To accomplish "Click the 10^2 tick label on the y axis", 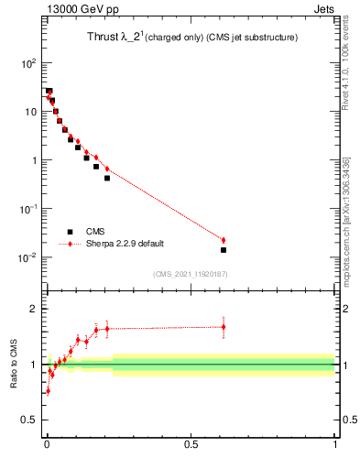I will coord(29,63).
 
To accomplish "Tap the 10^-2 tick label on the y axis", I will coord(27,257).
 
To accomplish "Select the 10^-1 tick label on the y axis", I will coord(27,209).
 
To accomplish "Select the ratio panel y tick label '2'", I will coord(34,309).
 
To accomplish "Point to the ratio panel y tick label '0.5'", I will coord(29,420).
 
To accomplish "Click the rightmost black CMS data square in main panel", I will coord(224,250).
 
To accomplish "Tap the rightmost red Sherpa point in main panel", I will coord(224,240).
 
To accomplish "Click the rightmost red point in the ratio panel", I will coord(224,326).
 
